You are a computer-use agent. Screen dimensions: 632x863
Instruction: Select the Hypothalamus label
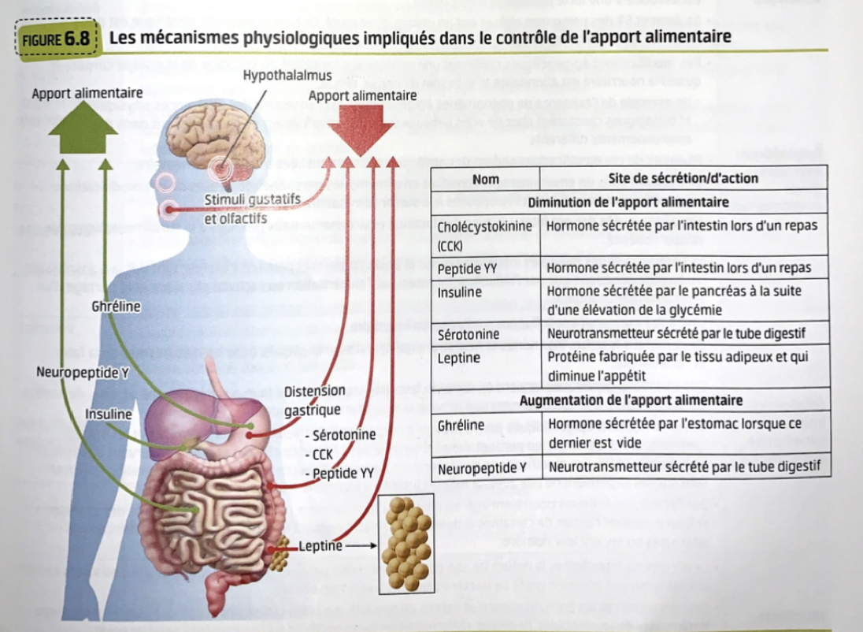point(287,76)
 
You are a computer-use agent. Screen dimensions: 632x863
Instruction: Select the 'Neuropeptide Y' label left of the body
point(83,372)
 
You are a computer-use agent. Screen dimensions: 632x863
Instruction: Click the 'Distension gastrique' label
point(314,400)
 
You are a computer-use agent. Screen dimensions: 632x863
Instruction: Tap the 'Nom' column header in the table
point(486,179)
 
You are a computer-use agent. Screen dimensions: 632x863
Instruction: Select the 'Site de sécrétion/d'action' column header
point(683,179)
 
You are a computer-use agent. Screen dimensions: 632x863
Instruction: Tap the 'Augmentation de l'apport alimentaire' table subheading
point(631,400)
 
